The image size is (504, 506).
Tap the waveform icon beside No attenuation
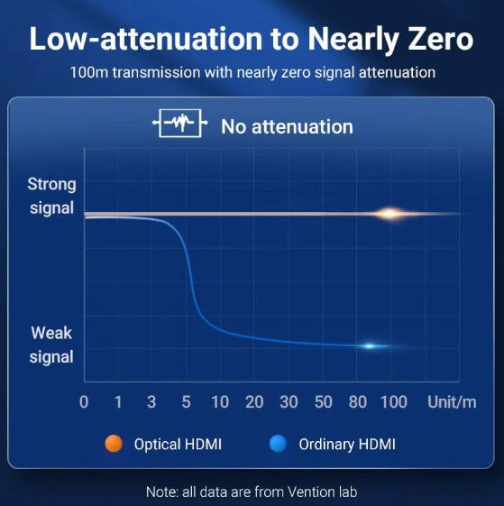(180, 124)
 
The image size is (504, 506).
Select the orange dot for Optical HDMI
(114, 444)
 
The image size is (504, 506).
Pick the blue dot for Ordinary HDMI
(278, 444)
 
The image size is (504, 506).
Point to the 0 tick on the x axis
(84, 402)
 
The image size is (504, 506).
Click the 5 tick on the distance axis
(186, 402)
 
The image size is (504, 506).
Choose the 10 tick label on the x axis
(220, 402)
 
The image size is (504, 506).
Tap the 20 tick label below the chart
(254, 402)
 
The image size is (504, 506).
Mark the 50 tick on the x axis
(324, 402)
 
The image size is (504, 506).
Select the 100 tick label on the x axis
(394, 402)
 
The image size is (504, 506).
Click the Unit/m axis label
(452, 402)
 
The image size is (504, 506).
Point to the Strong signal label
(51, 196)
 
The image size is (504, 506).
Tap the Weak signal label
(51, 345)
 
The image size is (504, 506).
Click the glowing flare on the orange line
(390, 214)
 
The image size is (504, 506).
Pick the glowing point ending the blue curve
(370, 346)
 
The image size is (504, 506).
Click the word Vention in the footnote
(310, 492)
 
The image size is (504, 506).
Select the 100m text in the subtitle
(89, 72)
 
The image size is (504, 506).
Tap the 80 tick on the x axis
(358, 402)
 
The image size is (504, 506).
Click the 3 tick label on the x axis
(151, 402)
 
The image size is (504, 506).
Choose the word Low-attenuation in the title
(146, 39)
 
